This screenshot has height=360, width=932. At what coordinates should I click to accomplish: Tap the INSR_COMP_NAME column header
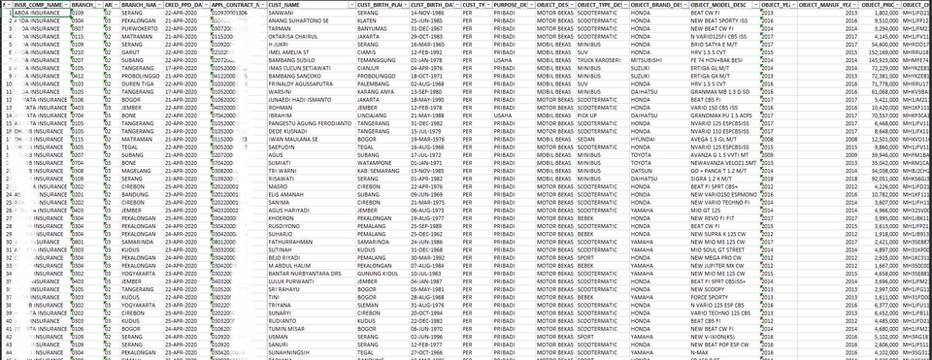coord(39,5)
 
